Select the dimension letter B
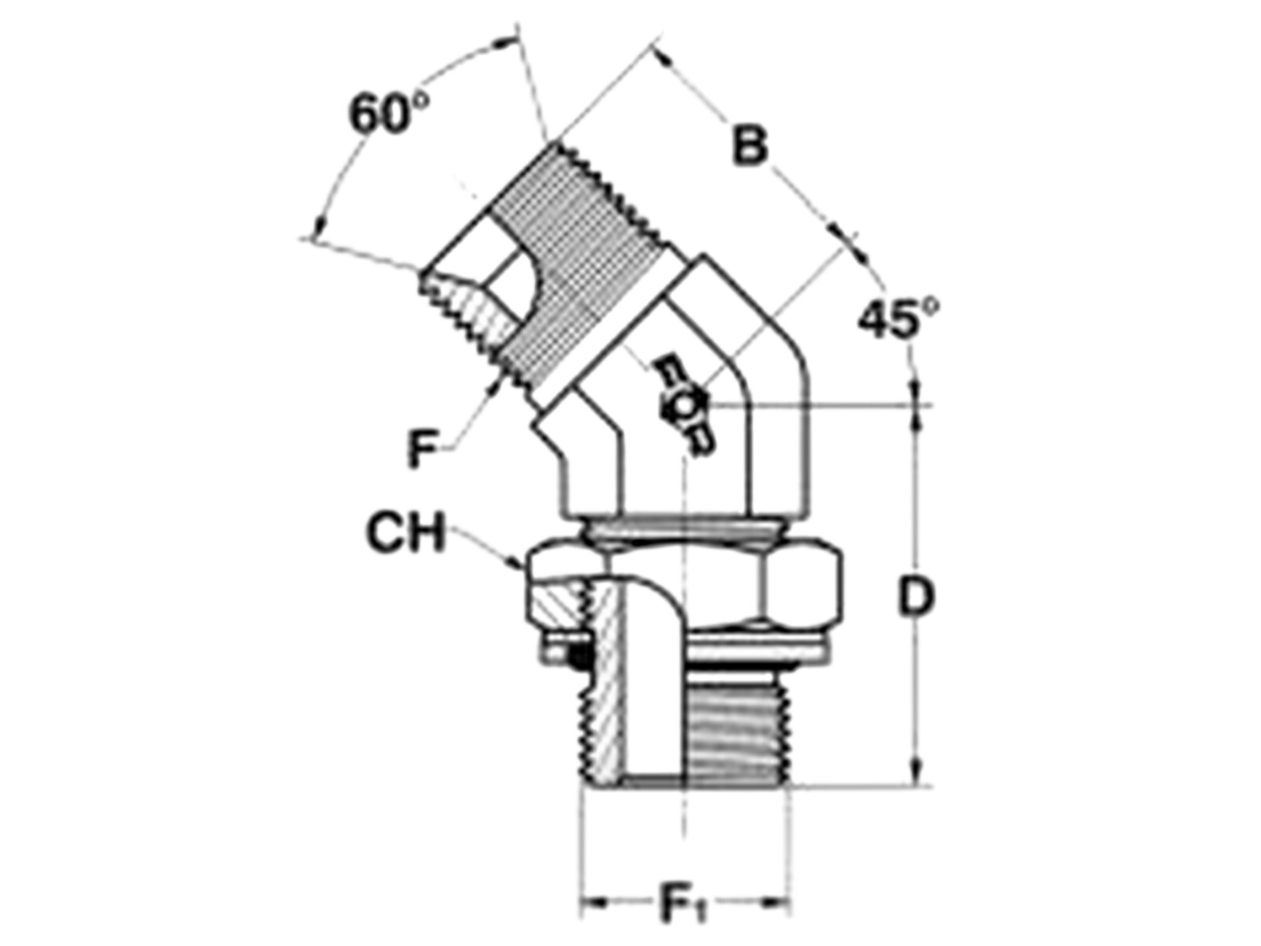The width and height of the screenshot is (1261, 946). click(x=750, y=144)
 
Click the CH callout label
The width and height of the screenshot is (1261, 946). click(x=406, y=533)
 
